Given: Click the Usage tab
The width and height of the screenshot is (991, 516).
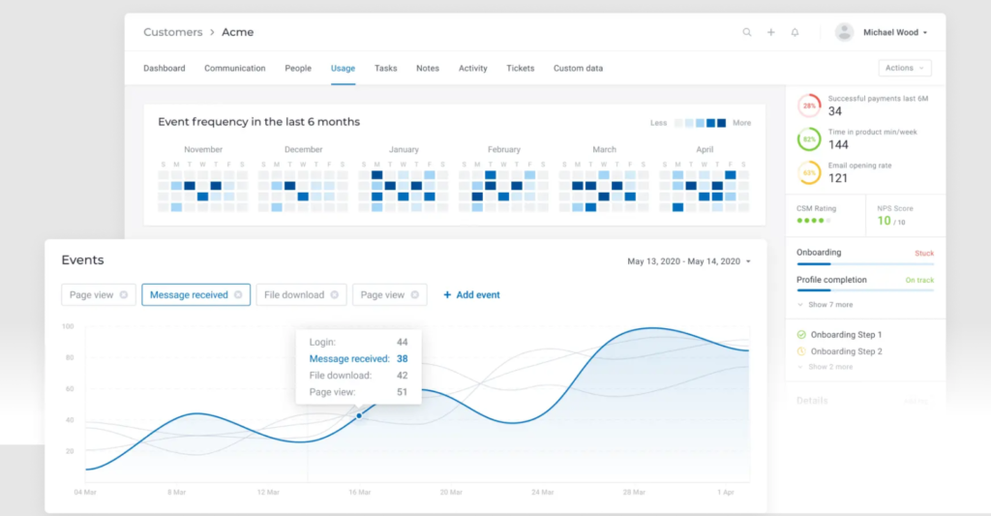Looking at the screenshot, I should pyautogui.click(x=343, y=69).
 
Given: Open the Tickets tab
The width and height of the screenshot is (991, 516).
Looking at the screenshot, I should pyautogui.click(x=520, y=69).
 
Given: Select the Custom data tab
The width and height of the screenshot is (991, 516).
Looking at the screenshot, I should pyautogui.click(x=578, y=69).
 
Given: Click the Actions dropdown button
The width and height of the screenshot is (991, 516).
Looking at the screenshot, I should pyautogui.click(x=904, y=68).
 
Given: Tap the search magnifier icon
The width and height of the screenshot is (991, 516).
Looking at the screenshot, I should pyautogui.click(x=747, y=32).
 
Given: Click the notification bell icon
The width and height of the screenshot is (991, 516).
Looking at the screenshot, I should pyautogui.click(x=795, y=32).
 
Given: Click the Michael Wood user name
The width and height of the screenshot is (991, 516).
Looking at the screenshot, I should pyautogui.click(x=890, y=32).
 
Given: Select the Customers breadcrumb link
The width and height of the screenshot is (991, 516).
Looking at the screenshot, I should pyautogui.click(x=172, y=32).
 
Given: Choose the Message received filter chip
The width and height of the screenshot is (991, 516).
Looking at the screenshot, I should pyautogui.click(x=189, y=294).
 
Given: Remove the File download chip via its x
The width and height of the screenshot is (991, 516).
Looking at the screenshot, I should pyautogui.click(x=334, y=294).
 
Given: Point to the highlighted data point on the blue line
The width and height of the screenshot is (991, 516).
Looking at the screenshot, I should pyautogui.click(x=359, y=415).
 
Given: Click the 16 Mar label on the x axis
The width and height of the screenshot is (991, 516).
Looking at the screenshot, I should pyautogui.click(x=358, y=492).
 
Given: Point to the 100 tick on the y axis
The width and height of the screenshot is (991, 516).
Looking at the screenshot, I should pyautogui.click(x=68, y=326).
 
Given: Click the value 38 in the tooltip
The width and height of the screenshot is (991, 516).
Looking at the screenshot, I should pyautogui.click(x=402, y=358).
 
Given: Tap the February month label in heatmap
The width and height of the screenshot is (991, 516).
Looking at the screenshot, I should pyautogui.click(x=503, y=150).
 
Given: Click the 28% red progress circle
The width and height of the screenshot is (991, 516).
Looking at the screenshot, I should pyautogui.click(x=809, y=106).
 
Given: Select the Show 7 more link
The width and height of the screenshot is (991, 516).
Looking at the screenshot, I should pyautogui.click(x=829, y=304).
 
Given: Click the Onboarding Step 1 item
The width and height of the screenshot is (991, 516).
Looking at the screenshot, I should pyautogui.click(x=846, y=334).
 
